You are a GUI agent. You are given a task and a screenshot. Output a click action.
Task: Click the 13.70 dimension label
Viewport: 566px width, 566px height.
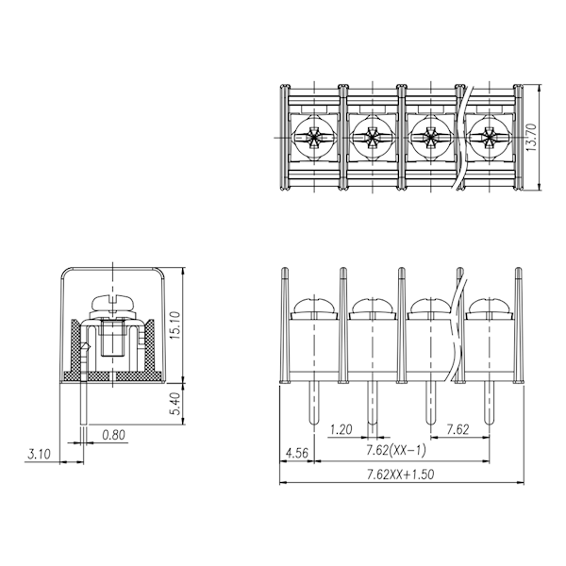532,137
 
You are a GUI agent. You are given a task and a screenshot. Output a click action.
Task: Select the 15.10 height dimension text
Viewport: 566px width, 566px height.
175,325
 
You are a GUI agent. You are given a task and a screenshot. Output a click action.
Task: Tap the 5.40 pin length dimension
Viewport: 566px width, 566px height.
175,404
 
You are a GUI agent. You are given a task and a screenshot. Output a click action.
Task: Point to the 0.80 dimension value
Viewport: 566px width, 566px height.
114,435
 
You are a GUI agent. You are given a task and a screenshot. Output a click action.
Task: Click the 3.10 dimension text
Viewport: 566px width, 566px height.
40,454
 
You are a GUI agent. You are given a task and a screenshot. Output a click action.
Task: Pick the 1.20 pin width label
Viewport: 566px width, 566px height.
341,429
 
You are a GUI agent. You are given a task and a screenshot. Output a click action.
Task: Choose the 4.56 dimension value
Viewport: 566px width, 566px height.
297,453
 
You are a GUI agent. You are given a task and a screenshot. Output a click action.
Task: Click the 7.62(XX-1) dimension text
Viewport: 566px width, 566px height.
396,450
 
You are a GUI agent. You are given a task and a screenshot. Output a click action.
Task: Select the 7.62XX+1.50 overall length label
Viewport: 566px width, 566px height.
401,474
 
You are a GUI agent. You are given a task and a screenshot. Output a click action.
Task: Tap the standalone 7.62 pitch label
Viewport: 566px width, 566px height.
458,429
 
